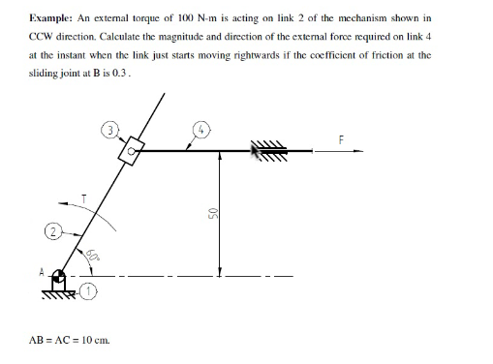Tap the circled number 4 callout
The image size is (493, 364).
tap(201, 126)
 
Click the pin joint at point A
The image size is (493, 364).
tap(59, 277)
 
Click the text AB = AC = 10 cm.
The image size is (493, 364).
tap(71, 340)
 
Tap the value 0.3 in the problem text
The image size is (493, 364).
tap(146, 73)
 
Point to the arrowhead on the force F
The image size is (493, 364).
tap(358, 150)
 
